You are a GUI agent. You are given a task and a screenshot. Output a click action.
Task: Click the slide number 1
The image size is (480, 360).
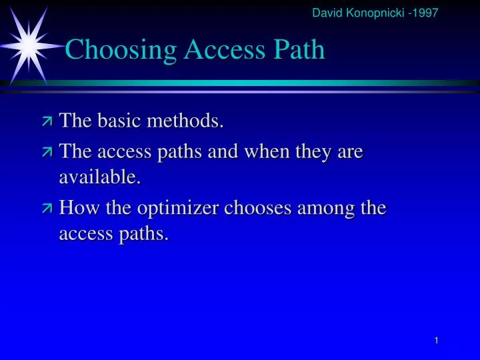click(435, 341)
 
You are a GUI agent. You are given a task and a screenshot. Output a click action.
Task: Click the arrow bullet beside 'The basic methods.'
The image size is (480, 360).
click(47, 121)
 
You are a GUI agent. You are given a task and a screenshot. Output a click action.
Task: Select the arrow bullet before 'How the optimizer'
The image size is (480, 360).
click(47, 209)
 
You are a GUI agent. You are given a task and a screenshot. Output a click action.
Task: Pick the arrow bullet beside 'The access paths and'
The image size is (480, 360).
click(47, 153)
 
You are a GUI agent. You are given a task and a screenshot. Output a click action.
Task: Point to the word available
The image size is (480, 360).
click(100, 177)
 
